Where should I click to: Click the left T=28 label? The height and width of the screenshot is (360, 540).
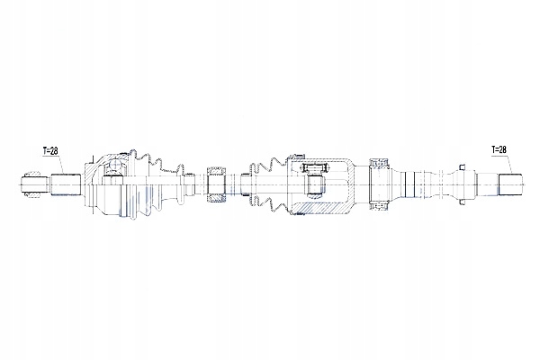(x=50, y=151)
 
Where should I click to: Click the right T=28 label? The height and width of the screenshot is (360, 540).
(x=499, y=149)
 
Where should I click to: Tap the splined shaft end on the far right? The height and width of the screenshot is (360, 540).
(x=510, y=185)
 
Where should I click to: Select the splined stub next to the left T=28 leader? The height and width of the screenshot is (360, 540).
(x=66, y=185)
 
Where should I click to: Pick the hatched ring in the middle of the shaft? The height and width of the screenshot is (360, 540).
(x=216, y=185)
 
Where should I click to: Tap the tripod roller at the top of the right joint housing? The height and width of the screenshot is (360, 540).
(x=314, y=167)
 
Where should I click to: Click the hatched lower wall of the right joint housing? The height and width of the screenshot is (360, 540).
(x=322, y=208)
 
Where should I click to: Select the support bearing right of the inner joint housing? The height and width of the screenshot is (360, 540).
(x=379, y=184)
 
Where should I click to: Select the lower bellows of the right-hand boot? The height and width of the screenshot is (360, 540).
(x=269, y=203)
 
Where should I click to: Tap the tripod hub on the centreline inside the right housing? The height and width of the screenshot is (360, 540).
(x=316, y=184)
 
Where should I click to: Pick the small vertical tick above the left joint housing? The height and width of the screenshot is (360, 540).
(x=93, y=158)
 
